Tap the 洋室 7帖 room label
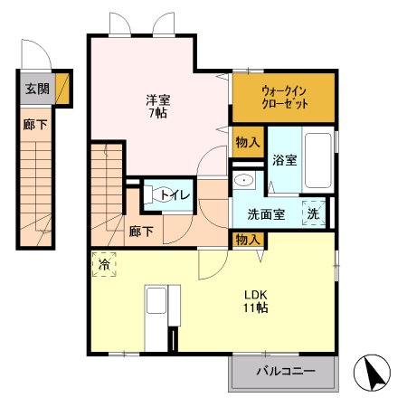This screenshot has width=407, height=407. point(158,106)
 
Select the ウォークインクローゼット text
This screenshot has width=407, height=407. point(284,97)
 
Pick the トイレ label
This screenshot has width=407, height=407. point(175,194)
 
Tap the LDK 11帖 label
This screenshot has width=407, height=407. point(255,301)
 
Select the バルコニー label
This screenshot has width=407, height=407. point(284,372)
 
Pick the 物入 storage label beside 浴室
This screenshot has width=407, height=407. point(247,142)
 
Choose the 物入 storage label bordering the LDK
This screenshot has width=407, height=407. point(247,239)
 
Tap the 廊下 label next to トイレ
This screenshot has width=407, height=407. point(139,232)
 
